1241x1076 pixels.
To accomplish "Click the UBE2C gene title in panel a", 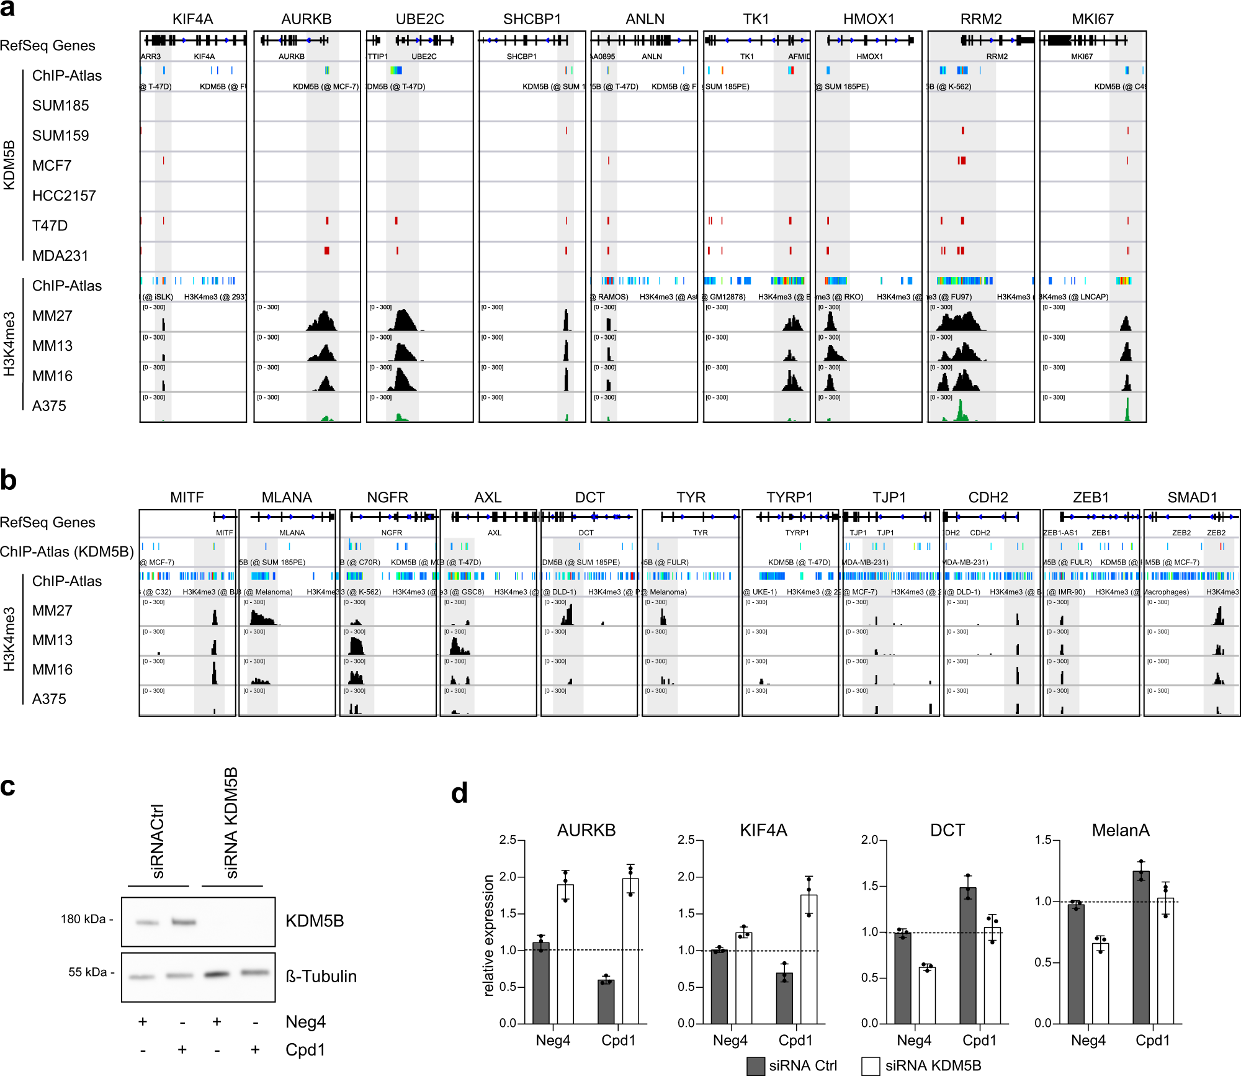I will tap(419, 19).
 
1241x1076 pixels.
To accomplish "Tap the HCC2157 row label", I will tap(64, 196).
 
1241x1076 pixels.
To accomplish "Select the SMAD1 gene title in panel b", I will tap(1192, 497).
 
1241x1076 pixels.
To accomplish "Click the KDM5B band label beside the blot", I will tap(314, 921).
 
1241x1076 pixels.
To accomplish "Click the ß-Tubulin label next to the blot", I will tap(321, 976).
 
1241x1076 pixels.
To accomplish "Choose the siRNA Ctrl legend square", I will tap(755, 1066).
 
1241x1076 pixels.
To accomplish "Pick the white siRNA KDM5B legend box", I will tap(871, 1066).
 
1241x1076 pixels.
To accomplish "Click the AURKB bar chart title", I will tap(586, 830).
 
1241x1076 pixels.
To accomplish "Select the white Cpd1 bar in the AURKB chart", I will tap(630, 951).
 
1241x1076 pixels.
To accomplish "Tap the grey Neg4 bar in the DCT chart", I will tap(902, 978).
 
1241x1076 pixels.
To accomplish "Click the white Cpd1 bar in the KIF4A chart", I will tap(809, 959).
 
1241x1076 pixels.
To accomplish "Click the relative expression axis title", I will tap(489, 935).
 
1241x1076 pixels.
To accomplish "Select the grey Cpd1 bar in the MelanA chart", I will tap(1140, 947).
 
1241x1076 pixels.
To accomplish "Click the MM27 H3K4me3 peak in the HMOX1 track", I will tap(830, 322).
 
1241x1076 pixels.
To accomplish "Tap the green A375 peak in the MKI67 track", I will tap(1127, 410).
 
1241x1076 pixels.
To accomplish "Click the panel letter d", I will tap(459, 793).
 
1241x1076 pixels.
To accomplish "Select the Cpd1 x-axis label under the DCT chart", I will tap(979, 1040).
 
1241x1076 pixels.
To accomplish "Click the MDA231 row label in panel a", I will tap(60, 256).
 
